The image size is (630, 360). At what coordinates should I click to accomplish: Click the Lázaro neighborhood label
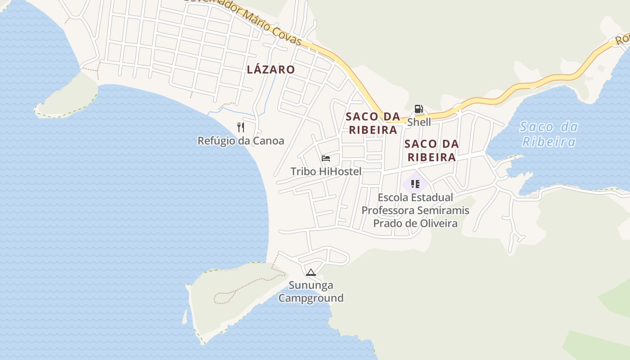(271, 69)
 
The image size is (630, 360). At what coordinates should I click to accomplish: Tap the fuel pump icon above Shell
(418, 109)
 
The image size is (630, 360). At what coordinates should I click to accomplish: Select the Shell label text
(419, 122)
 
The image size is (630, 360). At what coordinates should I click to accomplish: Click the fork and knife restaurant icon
(241, 127)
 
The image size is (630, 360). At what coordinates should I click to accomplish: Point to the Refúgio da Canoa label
(241, 141)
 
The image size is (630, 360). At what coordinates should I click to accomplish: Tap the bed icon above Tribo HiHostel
(326, 158)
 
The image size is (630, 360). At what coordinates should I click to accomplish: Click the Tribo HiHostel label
(326, 171)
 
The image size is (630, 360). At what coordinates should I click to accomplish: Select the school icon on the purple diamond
(415, 184)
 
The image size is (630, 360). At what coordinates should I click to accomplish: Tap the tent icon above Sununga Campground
(310, 272)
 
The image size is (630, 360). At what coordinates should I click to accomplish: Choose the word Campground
(310, 298)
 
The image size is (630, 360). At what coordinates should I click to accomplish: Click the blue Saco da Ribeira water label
(549, 135)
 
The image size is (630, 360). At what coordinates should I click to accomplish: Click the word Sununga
(311, 285)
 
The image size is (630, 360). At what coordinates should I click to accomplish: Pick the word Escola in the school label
(393, 198)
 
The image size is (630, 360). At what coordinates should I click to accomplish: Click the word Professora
(388, 211)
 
